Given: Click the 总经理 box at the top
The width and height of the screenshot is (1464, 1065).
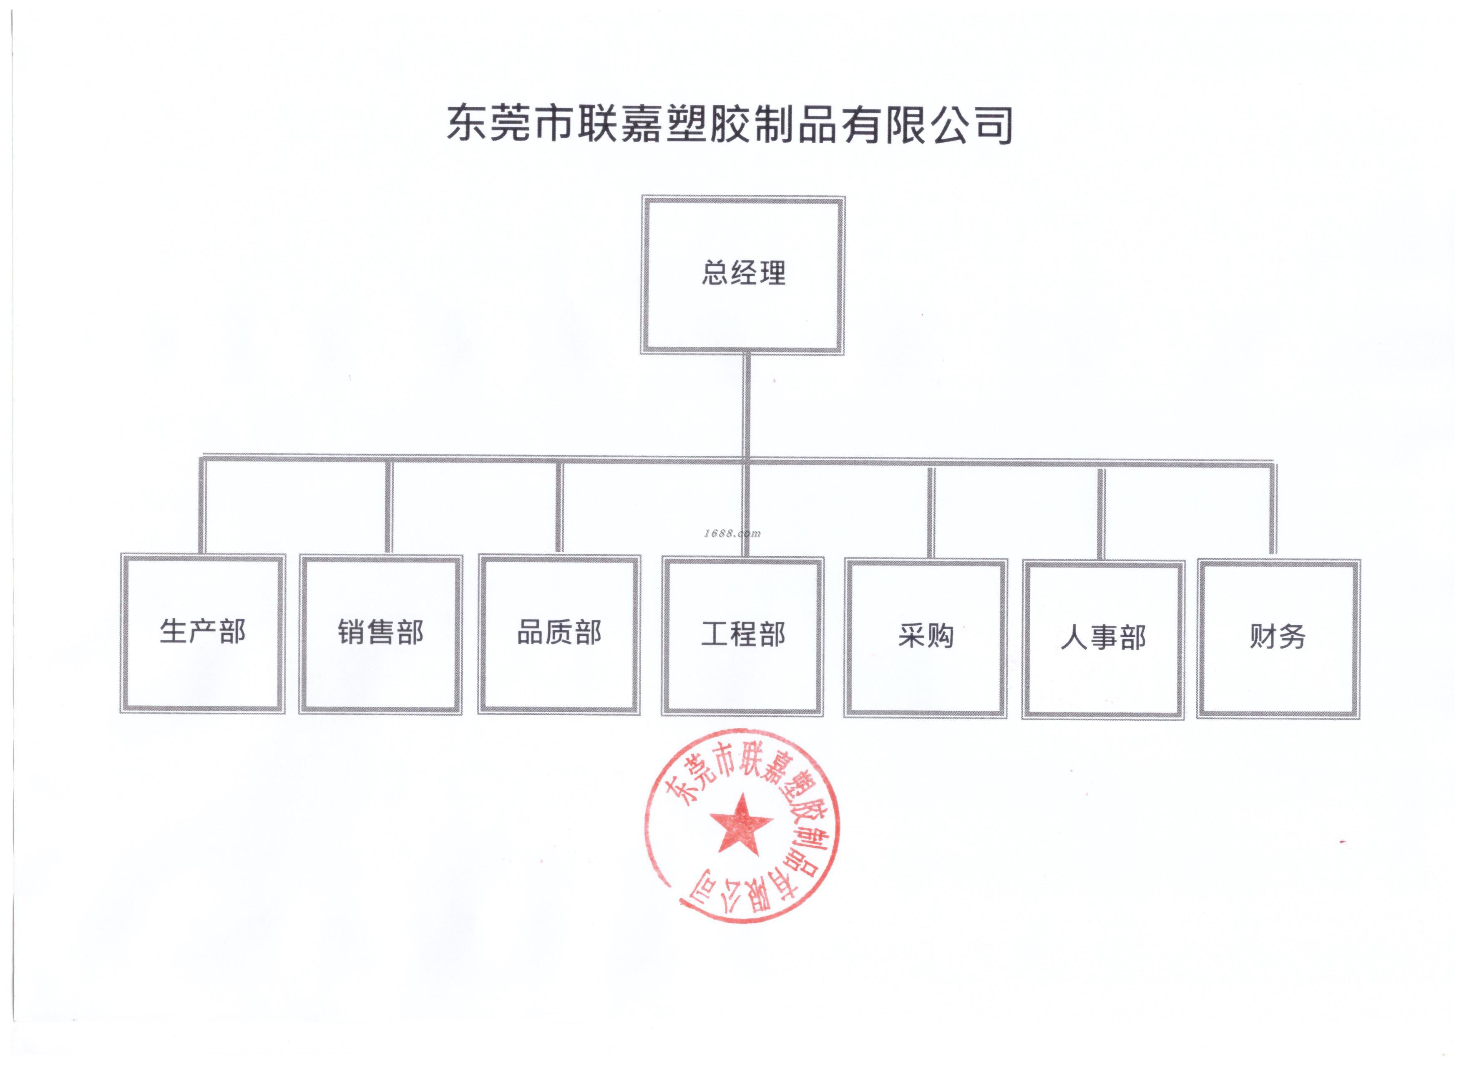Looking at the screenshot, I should [742, 275].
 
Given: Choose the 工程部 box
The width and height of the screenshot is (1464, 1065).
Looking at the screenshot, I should [742, 636].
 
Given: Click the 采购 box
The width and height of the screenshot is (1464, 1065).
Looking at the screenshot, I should [925, 638].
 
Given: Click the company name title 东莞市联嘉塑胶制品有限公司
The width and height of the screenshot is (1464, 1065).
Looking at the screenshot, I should [729, 124].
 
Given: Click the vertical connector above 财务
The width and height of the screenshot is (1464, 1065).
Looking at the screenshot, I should [1273, 510].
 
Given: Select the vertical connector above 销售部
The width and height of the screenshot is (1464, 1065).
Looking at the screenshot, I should [389, 507].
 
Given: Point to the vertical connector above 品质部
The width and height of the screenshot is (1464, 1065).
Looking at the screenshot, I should [559, 507].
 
